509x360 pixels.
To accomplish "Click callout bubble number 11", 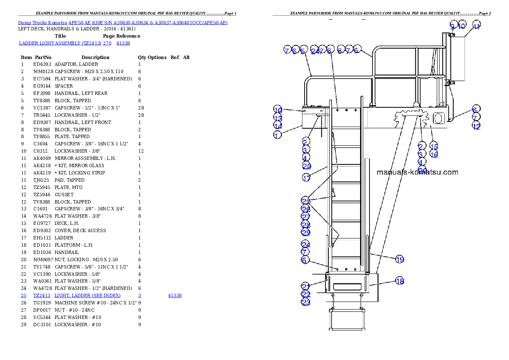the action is coord(476,26).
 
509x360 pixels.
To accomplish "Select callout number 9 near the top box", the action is coord(452,26).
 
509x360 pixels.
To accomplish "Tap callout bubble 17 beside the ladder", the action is coord(306,178).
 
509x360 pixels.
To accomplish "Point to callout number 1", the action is coord(278,135).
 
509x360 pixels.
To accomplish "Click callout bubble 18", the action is coord(399,281).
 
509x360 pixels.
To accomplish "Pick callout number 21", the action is coord(305,286).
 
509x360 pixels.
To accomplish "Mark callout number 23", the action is coord(305,302).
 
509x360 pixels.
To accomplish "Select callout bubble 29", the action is coord(305,233).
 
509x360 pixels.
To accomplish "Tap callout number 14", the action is coord(278,126).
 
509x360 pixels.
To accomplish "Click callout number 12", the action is coord(476,126).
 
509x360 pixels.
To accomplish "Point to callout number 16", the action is coord(434,155).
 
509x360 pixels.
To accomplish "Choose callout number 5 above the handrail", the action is coord(304,51).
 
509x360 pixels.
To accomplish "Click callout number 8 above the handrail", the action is coord(340,51).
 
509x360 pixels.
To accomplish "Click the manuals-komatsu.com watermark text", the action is coord(417,172).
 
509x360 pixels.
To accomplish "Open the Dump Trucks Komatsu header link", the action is coord(122,22).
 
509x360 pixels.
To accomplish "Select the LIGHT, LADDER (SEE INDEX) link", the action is coord(87,295).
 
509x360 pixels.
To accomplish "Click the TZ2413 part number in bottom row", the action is coord(41,295).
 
